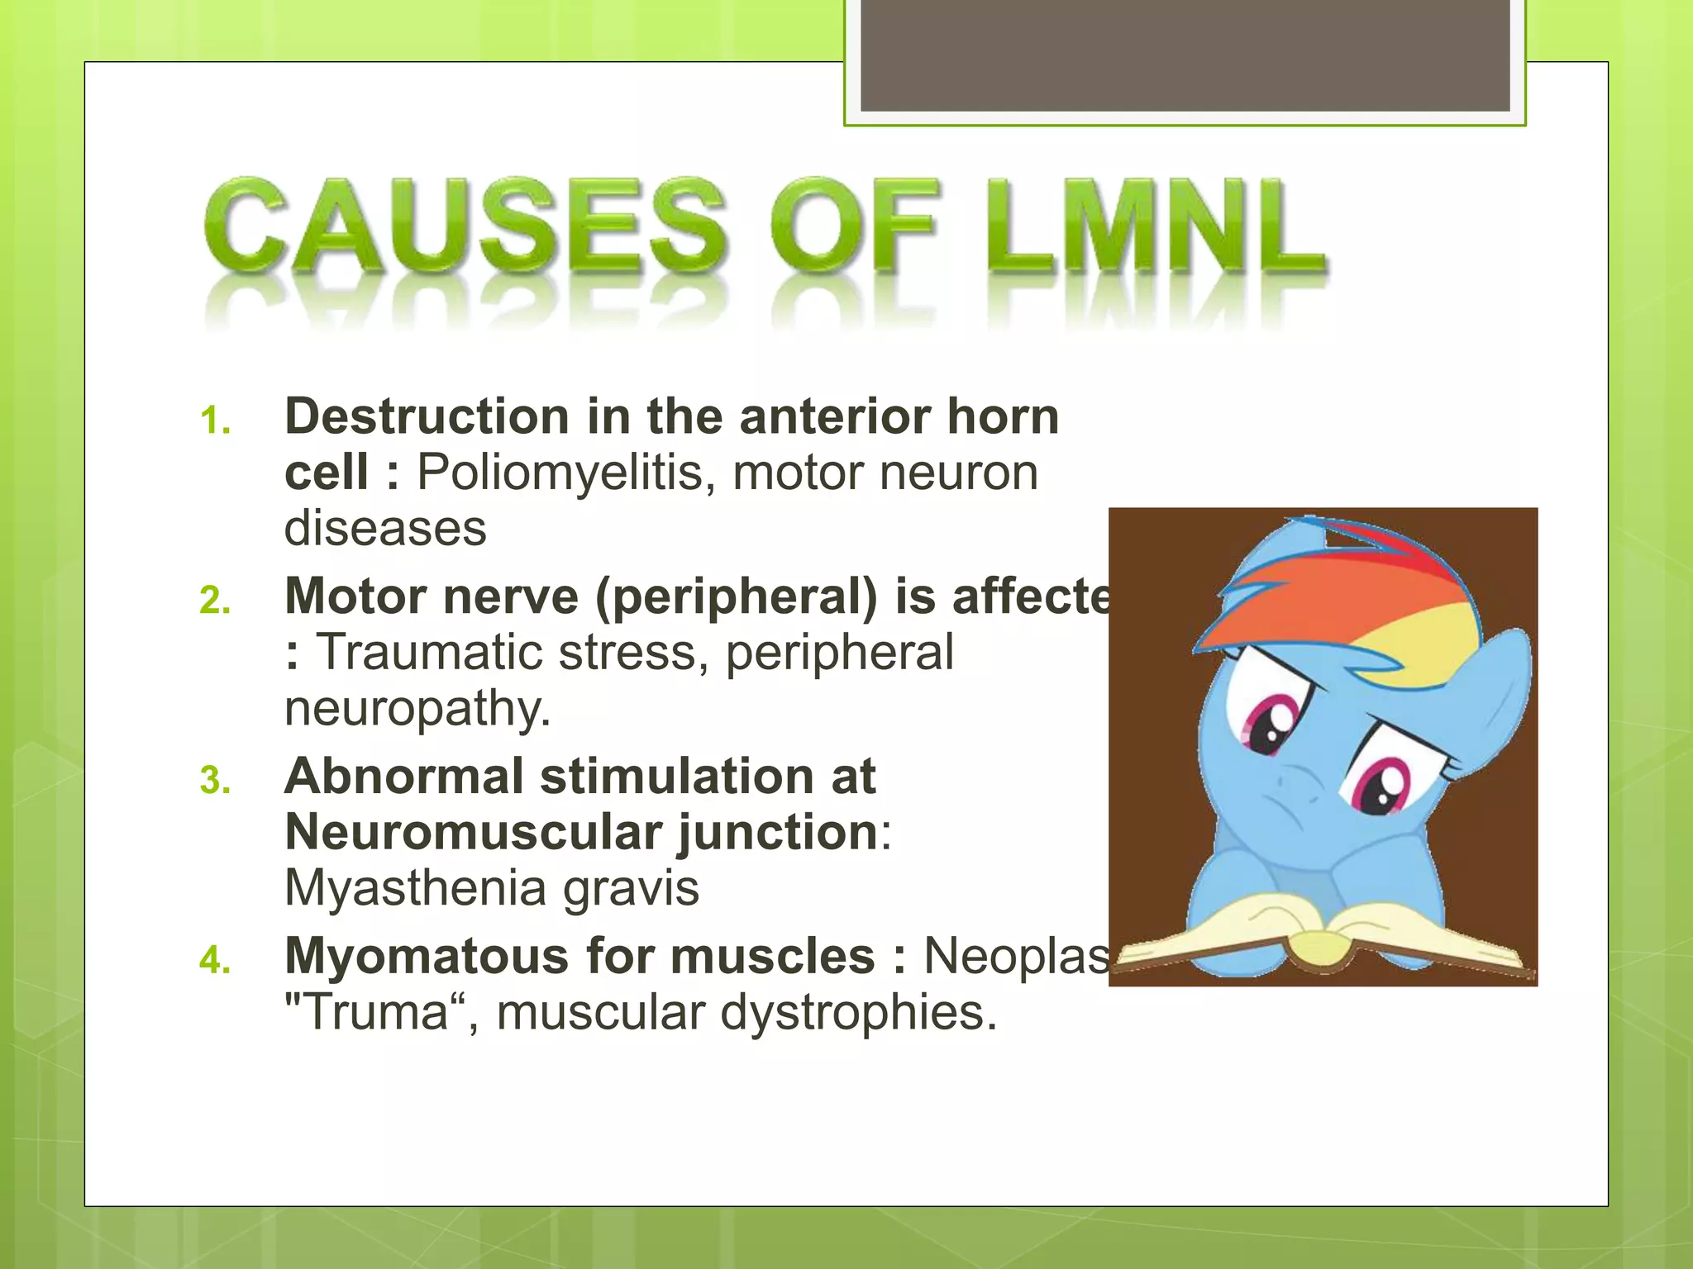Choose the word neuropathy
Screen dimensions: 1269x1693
pyautogui.click(x=417, y=709)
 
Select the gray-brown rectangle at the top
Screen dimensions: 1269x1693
pyautogui.click(x=1185, y=55)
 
